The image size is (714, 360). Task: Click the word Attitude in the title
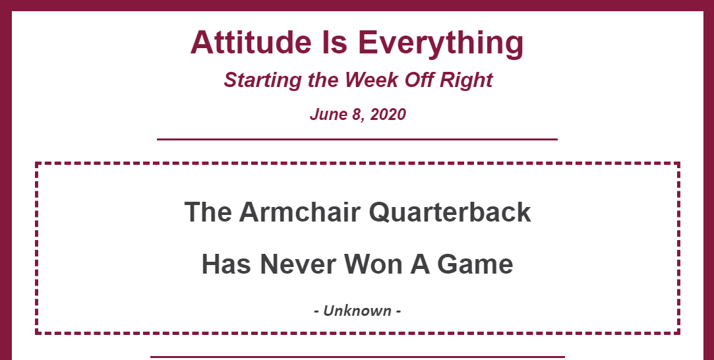pyautogui.click(x=251, y=42)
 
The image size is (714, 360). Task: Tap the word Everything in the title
pyautogui.click(x=441, y=44)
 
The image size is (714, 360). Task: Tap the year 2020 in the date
pyautogui.click(x=388, y=114)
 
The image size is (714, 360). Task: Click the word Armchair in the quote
pyautogui.click(x=299, y=212)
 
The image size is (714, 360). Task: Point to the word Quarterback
pyautogui.click(x=450, y=212)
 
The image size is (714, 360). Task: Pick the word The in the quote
pyautogui.click(x=208, y=212)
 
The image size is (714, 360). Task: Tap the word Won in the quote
pyautogui.click(x=373, y=264)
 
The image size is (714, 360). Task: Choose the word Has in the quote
pyautogui.click(x=226, y=264)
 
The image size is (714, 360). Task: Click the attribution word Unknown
pyautogui.click(x=357, y=311)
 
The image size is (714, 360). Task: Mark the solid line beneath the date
pyautogui.click(x=357, y=139)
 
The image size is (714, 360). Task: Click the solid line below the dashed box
pyautogui.click(x=357, y=357)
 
